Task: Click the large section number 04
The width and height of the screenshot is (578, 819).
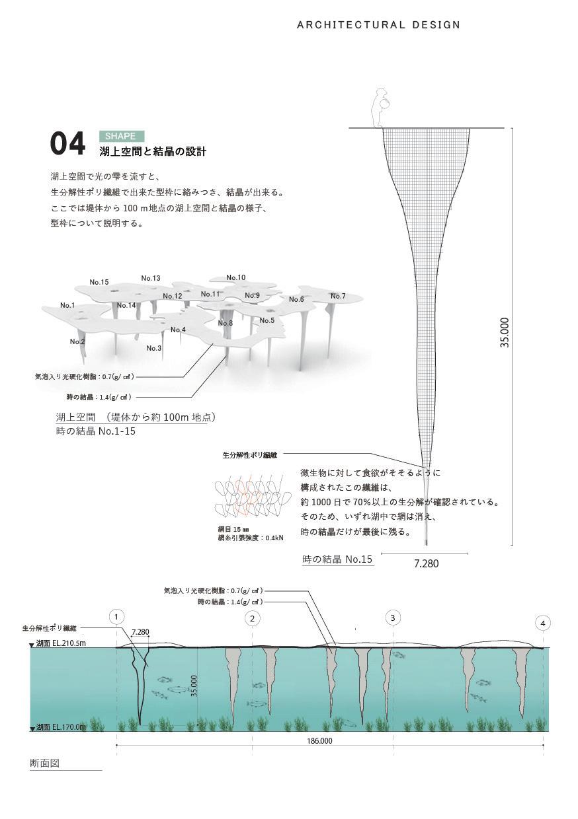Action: tap(67, 144)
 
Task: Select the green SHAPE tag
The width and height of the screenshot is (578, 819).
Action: tap(121, 136)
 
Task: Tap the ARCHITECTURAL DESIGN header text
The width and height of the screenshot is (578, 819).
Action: tap(378, 25)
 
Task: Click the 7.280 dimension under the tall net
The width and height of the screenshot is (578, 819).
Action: tap(426, 563)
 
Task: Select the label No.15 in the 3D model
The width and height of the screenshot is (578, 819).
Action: tap(99, 282)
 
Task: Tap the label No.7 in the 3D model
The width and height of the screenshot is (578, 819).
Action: tap(338, 296)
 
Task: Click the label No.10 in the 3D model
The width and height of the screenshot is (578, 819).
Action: tap(235, 277)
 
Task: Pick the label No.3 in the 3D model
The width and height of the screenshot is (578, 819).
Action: tap(153, 348)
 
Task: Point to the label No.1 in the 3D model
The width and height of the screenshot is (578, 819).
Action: tap(67, 305)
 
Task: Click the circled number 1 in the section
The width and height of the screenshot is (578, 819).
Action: tap(116, 618)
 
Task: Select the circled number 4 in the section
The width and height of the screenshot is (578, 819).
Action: tap(543, 623)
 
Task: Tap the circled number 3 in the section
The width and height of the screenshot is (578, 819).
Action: tap(393, 618)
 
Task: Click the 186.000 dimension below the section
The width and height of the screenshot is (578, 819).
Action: tap(320, 740)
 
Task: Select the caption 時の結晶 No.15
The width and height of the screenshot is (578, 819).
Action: tap(337, 559)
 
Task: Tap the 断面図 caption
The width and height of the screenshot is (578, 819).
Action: tap(45, 763)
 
